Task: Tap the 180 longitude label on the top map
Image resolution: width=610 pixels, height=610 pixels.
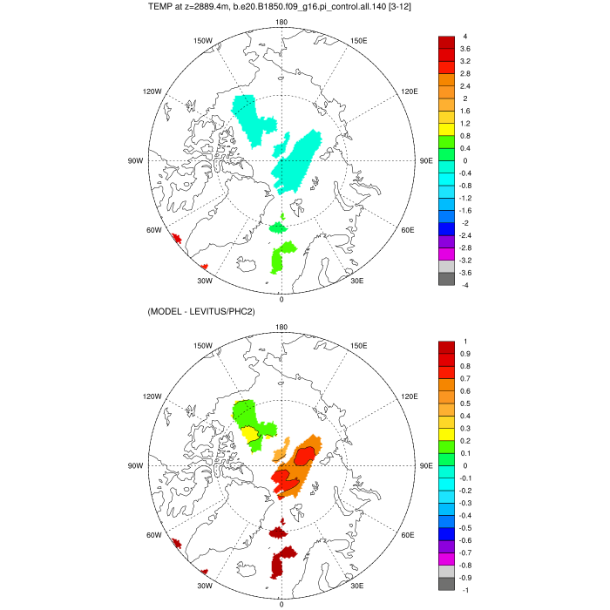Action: click(281, 23)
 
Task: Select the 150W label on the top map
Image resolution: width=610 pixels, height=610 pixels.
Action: click(202, 40)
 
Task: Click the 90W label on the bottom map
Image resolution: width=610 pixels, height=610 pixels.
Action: click(135, 466)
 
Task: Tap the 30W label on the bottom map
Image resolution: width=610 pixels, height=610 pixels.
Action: click(205, 586)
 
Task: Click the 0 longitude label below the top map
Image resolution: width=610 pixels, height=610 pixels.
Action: click(281, 299)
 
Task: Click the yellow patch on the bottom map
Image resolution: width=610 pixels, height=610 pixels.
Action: click(249, 434)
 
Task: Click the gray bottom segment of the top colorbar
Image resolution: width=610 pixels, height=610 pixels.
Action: click(445, 279)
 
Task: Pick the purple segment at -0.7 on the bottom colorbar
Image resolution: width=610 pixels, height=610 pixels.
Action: click(445, 546)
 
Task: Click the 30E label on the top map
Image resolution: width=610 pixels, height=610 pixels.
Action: click(356, 281)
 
